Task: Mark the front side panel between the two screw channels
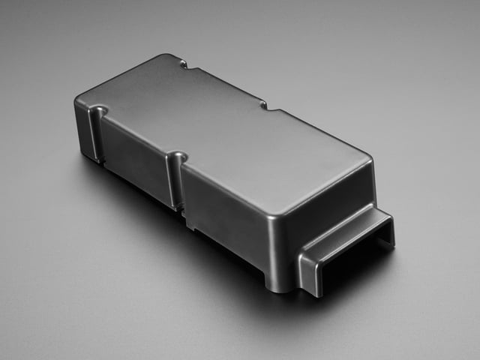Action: click(x=135, y=161)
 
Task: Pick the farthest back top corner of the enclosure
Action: click(x=168, y=57)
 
